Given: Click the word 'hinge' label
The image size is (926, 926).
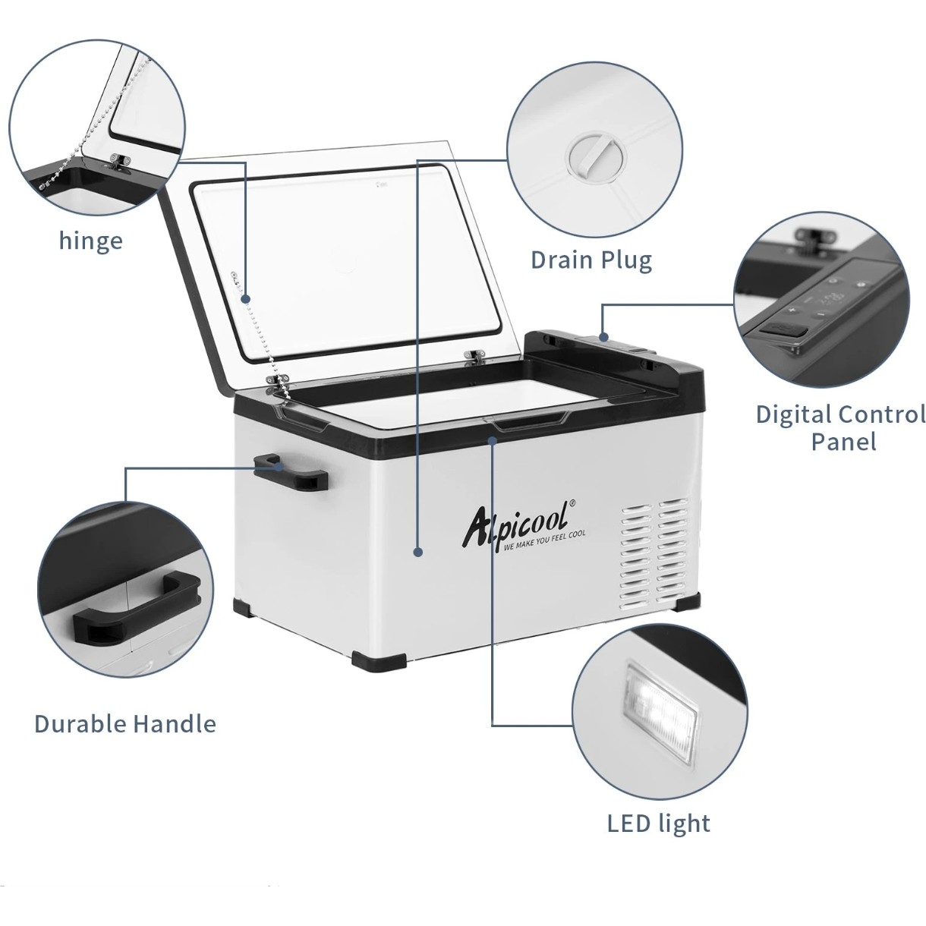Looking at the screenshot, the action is tap(91, 241).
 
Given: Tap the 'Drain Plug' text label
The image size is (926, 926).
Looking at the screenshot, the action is tap(591, 260).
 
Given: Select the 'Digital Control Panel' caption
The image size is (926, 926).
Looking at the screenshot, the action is tap(840, 428).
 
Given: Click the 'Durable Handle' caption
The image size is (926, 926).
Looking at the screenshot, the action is tap(125, 723).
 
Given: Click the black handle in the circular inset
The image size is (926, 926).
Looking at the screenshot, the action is tap(136, 609).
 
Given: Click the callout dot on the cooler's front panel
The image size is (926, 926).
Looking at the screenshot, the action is tap(417, 553).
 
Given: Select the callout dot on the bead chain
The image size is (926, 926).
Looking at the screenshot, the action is tap(246, 299).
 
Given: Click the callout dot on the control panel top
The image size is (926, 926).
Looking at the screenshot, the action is tap(603, 337).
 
